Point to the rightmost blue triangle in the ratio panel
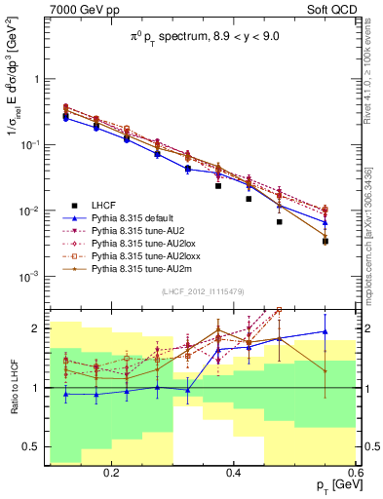tap(326, 331)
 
